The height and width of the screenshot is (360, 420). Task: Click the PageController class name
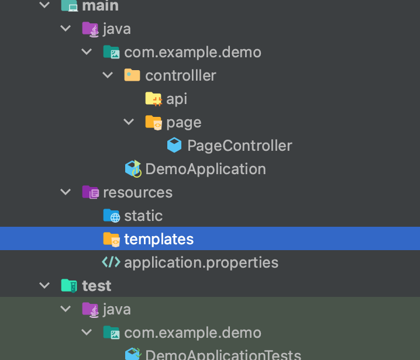click(x=239, y=146)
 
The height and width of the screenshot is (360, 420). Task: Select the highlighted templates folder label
click(x=159, y=239)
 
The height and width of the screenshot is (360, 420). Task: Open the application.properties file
click(x=201, y=262)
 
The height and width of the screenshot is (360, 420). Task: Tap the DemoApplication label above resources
click(x=205, y=169)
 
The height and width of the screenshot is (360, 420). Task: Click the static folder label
click(x=143, y=216)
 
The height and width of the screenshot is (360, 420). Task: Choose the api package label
click(x=177, y=99)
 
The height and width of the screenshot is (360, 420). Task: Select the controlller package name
click(x=180, y=75)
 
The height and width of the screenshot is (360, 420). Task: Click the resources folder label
click(x=137, y=192)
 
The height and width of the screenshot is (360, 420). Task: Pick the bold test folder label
click(x=97, y=286)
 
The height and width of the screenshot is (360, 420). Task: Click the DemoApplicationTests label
click(x=223, y=355)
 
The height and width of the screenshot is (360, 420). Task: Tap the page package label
click(x=184, y=122)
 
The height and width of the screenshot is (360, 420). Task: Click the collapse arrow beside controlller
click(x=108, y=75)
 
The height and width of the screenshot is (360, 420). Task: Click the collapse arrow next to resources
click(x=66, y=192)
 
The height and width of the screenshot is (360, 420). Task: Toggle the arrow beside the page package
click(x=129, y=122)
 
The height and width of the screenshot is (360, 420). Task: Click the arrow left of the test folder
click(x=44, y=286)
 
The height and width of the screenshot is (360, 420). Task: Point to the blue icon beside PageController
click(x=174, y=145)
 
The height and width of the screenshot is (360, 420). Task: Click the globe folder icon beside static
click(x=111, y=216)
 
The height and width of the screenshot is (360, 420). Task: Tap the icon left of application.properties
click(x=111, y=262)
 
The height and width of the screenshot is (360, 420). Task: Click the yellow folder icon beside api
click(x=153, y=99)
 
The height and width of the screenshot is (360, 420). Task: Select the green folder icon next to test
click(x=69, y=286)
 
